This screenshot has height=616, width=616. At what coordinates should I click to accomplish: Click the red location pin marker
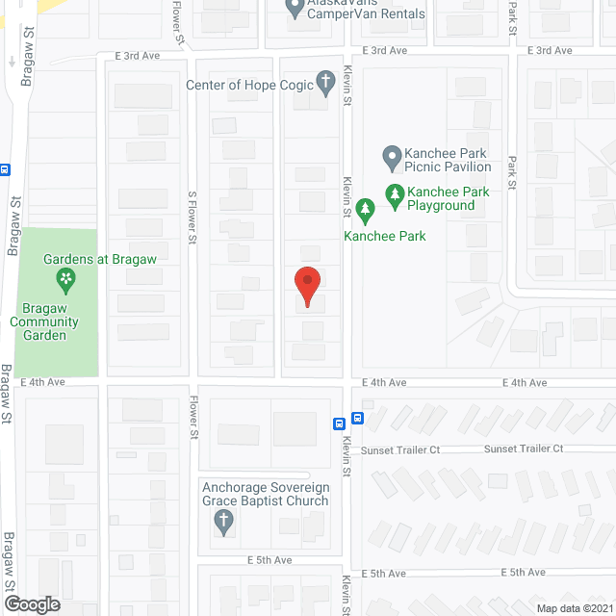(307, 286)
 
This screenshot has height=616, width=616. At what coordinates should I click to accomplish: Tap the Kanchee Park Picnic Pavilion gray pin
(391, 157)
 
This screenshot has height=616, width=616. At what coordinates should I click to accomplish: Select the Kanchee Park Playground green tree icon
(395, 195)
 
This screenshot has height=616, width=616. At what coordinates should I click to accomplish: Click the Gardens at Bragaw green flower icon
(65, 281)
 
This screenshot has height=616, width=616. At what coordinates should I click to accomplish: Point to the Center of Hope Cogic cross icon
(326, 81)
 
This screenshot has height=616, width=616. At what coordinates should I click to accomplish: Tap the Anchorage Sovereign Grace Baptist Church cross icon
(223, 522)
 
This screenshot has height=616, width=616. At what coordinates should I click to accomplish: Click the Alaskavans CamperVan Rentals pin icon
(297, 10)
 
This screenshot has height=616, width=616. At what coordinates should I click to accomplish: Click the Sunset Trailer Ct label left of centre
(400, 449)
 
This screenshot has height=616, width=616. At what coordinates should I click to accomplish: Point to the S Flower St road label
(193, 216)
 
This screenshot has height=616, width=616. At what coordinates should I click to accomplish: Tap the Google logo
(32, 603)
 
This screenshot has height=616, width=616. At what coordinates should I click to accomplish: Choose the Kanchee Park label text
(385, 236)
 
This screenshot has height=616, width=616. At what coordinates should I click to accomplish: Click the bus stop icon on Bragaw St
(5, 169)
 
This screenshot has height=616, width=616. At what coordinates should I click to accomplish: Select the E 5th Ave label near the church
(269, 559)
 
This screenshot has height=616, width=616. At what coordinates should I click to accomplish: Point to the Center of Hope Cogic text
(250, 85)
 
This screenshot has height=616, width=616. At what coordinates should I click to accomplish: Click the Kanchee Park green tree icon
(364, 208)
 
